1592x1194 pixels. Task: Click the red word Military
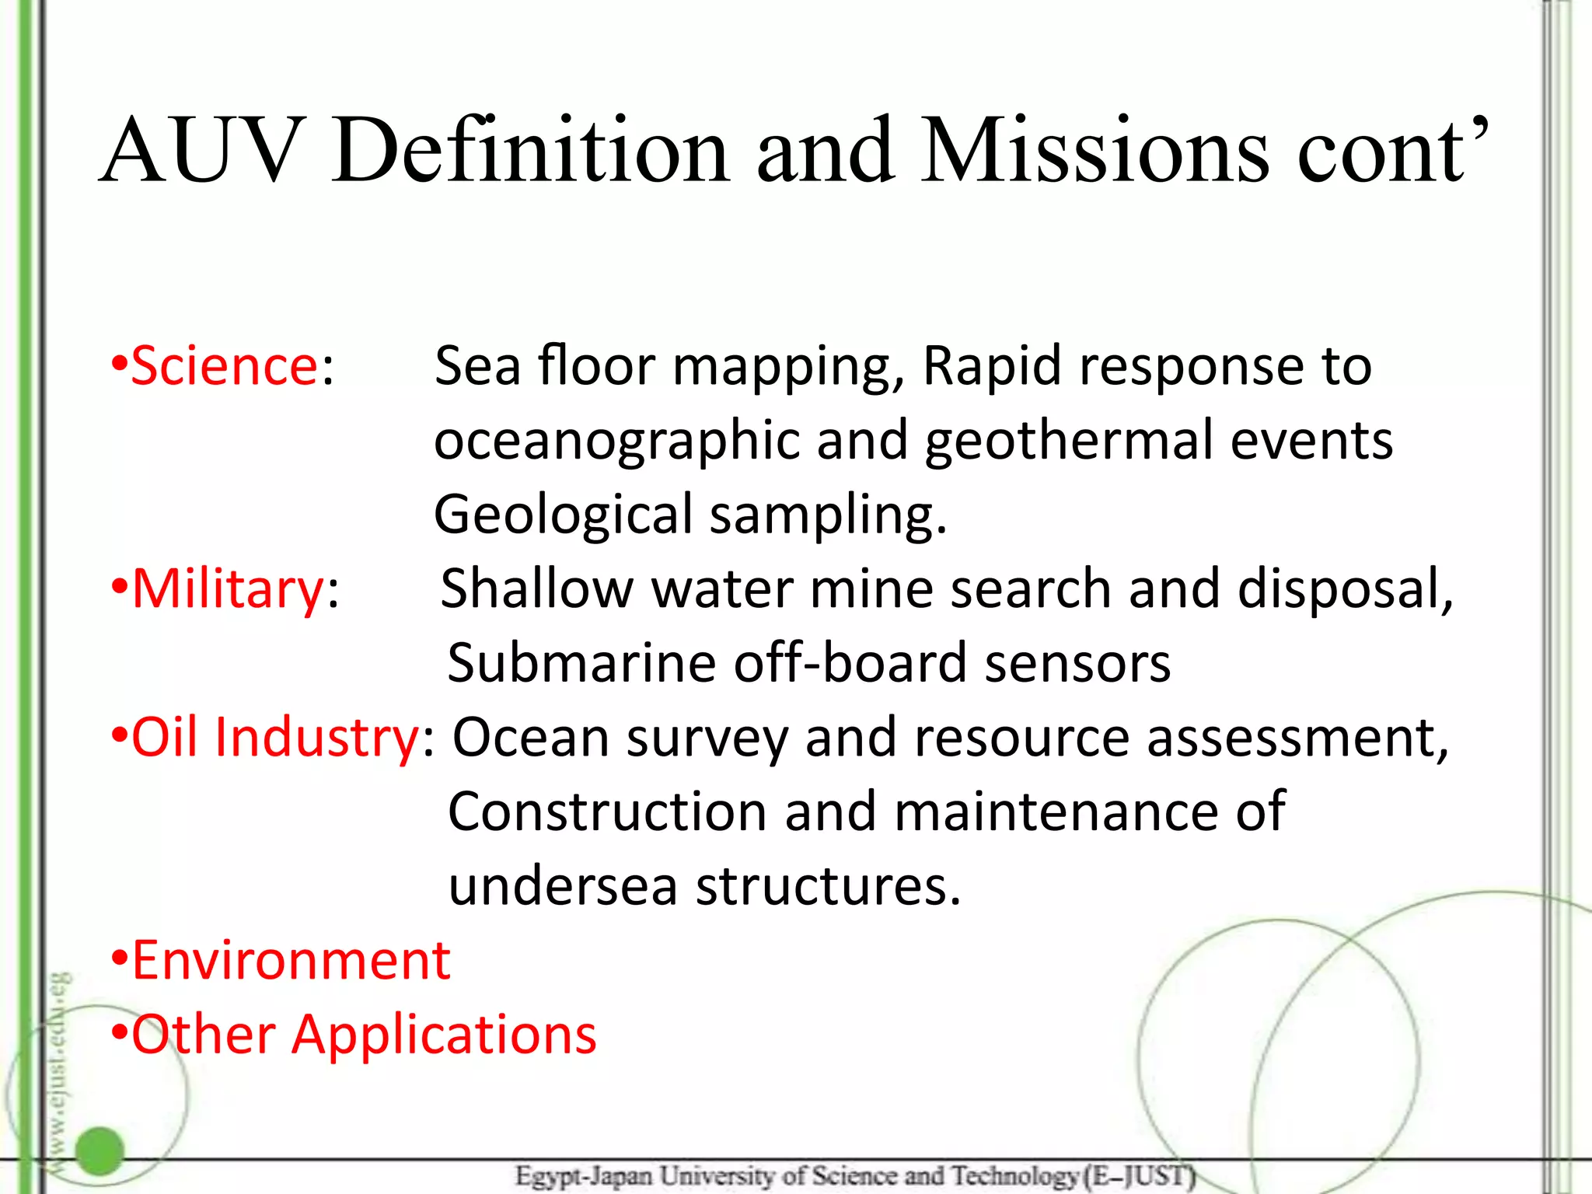(x=228, y=588)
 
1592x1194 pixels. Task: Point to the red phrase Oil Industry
(x=275, y=737)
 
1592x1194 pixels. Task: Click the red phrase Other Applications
(x=364, y=1035)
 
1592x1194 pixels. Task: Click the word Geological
(x=563, y=515)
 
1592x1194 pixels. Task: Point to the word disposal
(x=1345, y=588)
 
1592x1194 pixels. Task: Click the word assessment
(x=1297, y=737)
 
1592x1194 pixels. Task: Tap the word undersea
(x=563, y=886)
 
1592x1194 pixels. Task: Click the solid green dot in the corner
(x=100, y=1150)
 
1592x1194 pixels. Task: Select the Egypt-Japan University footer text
(x=855, y=1176)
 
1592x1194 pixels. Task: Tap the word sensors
(x=1077, y=663)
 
